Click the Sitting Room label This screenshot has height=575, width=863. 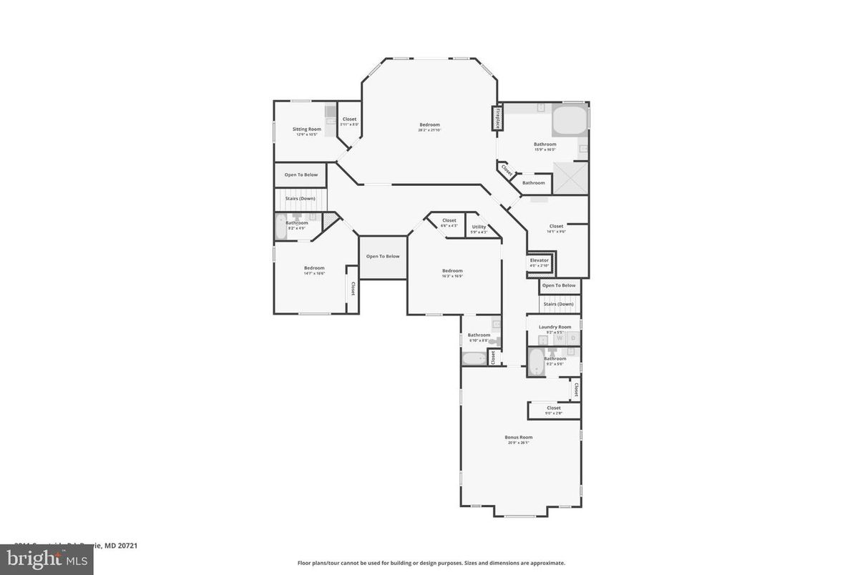[x=306, y=129]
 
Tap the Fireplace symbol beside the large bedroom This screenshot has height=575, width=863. [x=494, y=118]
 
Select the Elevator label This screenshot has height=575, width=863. [x=539, y=260]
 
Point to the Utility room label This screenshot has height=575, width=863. [x=479, y=227]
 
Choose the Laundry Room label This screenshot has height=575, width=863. [x=555, y=327]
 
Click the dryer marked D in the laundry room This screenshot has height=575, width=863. [x=572, y=338]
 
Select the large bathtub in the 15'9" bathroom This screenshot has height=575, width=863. [x=570, y=121]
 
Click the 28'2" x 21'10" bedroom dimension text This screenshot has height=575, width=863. [x=429, y=130]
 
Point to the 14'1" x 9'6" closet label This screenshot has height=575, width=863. [x=556, y=226]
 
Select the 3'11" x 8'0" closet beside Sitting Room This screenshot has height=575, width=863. [x=349, y=119]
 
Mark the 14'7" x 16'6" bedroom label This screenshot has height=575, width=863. [x=314, y=268]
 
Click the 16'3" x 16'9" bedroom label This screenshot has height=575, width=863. [x=452, y=271]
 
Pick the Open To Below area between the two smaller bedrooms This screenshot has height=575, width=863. [x=383, y=257]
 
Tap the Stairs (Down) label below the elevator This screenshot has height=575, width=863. [x=558, y=304]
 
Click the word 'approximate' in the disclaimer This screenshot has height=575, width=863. [x=547, y=563]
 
